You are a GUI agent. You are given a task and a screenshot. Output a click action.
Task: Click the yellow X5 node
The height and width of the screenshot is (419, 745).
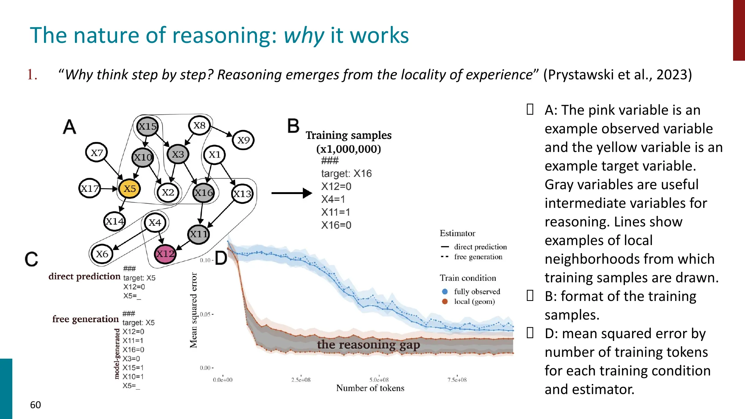[129, 188]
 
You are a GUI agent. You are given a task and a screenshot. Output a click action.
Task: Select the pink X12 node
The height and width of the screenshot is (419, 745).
[165, 254]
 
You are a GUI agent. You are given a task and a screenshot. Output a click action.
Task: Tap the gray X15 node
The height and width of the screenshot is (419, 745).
[147, 126]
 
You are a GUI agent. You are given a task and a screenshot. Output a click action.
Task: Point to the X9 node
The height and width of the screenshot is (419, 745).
[243, 140]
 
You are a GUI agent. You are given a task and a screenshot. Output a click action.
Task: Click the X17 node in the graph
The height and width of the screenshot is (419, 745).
[90, 188]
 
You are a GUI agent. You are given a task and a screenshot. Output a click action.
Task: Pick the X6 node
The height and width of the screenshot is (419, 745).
[102, 254]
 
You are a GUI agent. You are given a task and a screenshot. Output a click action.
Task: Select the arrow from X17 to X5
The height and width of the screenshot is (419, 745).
[109, 189]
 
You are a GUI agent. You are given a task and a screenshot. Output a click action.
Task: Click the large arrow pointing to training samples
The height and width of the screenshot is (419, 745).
[291, 193]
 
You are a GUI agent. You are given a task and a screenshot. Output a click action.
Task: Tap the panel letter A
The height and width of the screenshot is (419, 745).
[70, 127]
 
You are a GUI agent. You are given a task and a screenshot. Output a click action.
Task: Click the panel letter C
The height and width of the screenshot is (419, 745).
[31, 259]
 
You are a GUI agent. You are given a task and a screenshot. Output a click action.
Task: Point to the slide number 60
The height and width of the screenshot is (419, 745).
[35, 405]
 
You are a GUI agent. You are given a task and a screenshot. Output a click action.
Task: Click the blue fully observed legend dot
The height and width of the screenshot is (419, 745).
[445, 292]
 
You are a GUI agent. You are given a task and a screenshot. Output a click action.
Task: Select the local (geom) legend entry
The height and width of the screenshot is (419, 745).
[474, 302]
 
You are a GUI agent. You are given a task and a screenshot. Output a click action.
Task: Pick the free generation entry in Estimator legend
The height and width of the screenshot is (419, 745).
[478, 257]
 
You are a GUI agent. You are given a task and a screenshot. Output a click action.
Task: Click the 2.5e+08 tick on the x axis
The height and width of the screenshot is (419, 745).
[301, 380]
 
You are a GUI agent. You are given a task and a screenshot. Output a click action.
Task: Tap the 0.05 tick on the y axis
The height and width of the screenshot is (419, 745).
[206, 314]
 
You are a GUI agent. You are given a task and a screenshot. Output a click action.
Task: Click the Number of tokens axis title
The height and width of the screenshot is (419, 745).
[370, 388]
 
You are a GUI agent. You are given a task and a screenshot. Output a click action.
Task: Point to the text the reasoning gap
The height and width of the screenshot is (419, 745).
[368, 345]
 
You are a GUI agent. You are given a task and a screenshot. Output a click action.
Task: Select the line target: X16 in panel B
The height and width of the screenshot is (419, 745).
[346, 174]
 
